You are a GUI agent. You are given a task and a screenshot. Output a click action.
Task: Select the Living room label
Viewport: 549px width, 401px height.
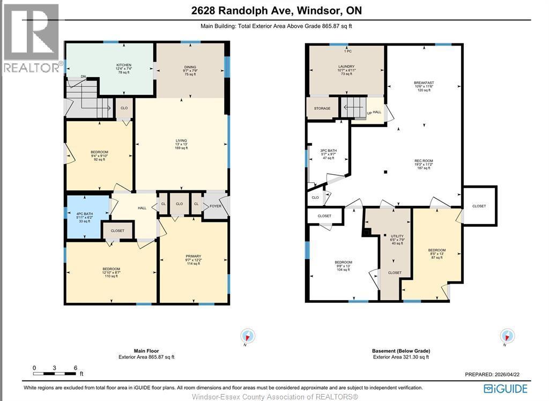181,140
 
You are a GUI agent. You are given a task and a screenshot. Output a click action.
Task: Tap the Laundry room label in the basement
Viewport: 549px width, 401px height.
346,67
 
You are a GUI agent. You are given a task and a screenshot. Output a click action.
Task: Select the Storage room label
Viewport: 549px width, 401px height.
322,109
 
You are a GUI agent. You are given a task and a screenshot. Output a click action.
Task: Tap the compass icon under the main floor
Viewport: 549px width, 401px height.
247,336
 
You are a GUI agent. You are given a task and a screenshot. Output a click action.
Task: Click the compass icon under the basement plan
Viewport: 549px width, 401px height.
507,336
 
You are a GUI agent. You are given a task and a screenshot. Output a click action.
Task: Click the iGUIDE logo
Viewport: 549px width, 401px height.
505,388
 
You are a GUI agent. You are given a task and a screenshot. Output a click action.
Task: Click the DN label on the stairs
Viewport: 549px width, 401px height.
83,77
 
